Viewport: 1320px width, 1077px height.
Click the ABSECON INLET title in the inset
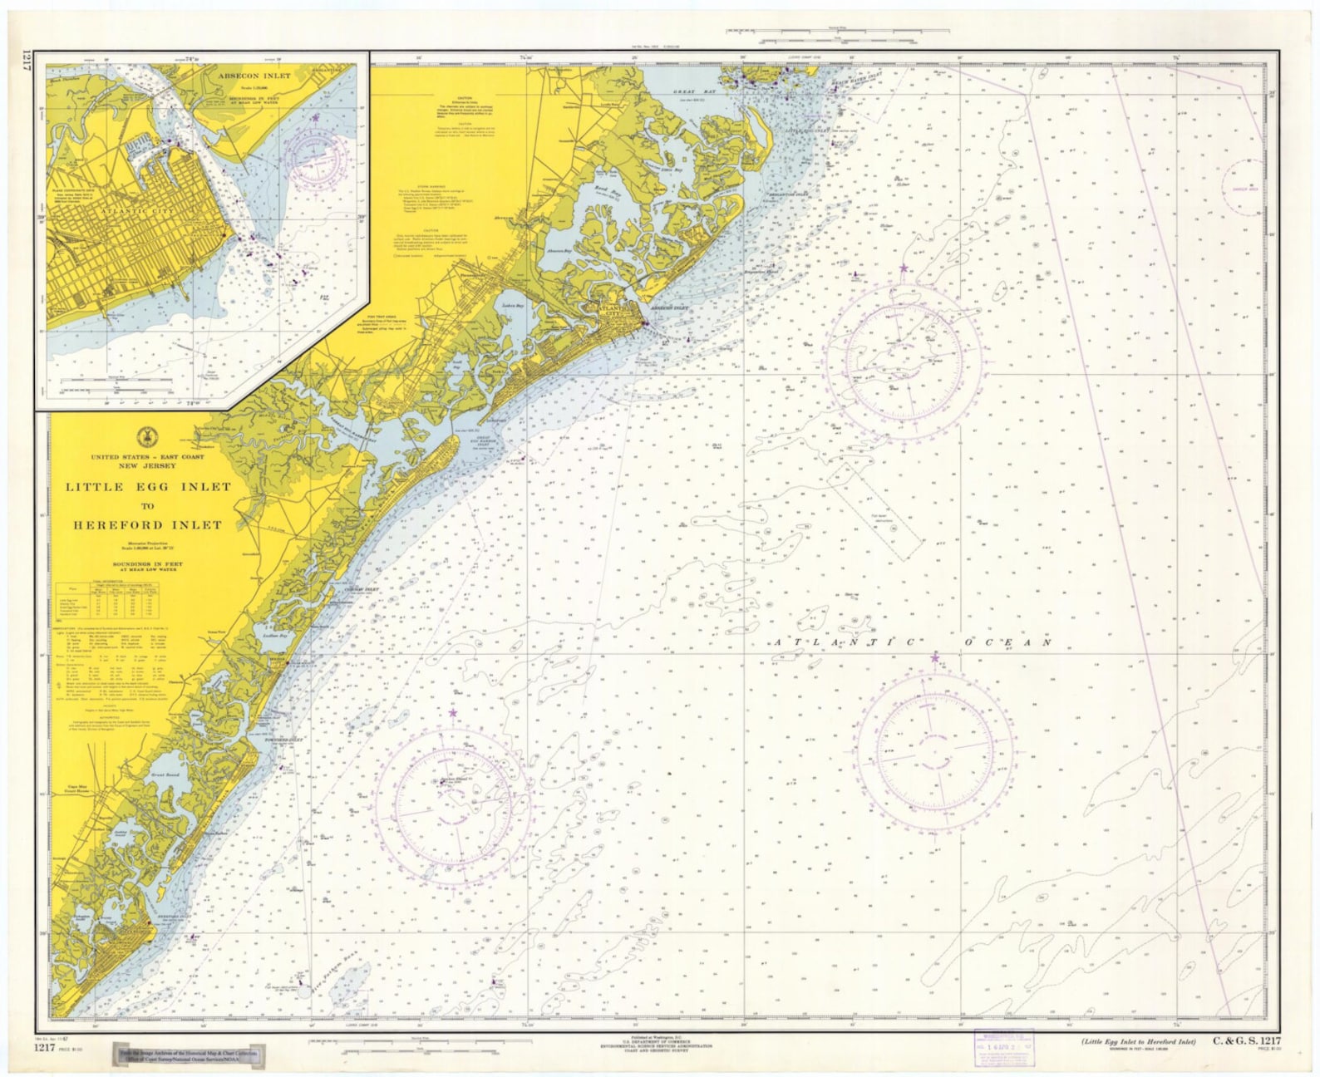[254, 76]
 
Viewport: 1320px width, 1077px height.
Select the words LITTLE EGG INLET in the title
[149, 487]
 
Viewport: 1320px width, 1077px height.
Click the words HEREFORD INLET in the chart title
[148, 525]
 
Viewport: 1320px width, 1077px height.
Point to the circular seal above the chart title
[147, 437]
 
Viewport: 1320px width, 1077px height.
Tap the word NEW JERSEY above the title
[148, 465]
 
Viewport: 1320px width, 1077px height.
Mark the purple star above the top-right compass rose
[904, 268]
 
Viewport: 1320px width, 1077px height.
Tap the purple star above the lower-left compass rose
[453, 712]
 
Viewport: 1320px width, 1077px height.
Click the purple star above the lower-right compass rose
[934, 657]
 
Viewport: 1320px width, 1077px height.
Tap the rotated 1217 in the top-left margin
[27, 64]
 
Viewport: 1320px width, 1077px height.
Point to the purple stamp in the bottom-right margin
[1004, 1044]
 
